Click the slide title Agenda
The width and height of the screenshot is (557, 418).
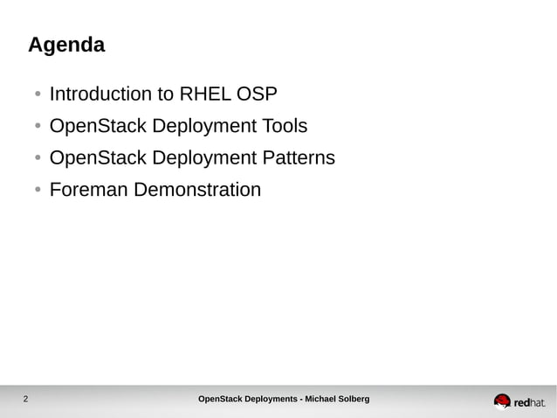point(66,45)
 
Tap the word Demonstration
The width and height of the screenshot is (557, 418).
point(197,190)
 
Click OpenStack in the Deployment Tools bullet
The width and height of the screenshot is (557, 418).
point(98,127)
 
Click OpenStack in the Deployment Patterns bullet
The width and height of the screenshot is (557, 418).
point(98,158)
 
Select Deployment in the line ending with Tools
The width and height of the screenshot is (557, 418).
point(199,127)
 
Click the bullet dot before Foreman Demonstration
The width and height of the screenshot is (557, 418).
point(38,191)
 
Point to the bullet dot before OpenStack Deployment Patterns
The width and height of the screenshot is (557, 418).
point(38,159)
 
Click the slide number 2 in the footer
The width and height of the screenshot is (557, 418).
point(25,401)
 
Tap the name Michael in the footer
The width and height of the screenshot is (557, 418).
point(323,400)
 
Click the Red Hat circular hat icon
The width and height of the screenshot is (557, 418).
point(502,401)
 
